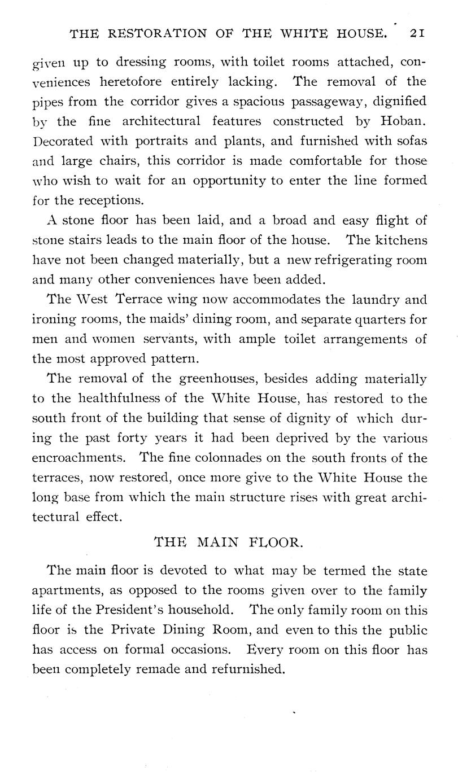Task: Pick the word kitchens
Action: pyautogui.click(x=403, y=240)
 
